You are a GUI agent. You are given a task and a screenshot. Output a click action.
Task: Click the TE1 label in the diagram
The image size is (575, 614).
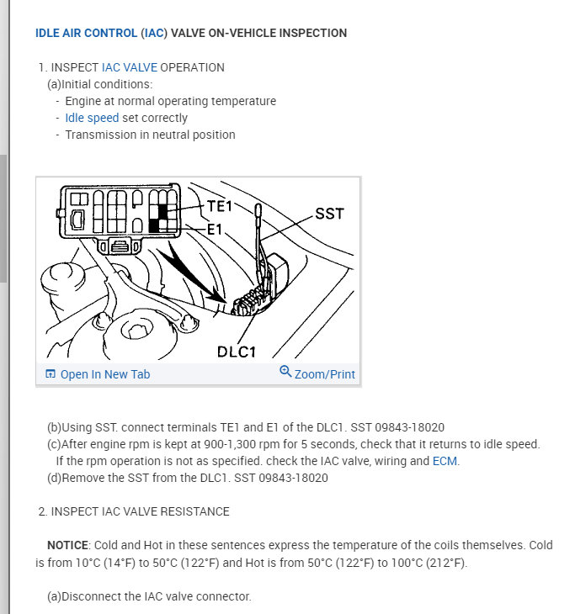[220, 206]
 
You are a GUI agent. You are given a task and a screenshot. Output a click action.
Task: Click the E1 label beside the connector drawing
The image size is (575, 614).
[215, 230]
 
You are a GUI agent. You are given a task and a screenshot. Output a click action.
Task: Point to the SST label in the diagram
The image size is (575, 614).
[330, 214]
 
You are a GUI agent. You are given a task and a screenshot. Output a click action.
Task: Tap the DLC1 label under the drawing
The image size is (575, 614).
[237, 352]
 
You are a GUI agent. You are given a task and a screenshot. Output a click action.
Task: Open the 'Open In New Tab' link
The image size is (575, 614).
[105, 374]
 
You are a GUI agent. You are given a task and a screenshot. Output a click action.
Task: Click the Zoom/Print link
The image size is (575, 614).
[324, 374]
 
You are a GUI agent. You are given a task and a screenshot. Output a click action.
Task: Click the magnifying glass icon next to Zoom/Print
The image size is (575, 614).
[285, 371]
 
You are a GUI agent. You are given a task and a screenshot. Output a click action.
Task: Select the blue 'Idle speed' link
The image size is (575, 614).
[92, 118]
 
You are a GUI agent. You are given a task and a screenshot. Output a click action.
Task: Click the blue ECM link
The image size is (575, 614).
[445, 461]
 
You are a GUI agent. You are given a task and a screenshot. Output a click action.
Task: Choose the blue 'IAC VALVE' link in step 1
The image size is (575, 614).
[130, 67]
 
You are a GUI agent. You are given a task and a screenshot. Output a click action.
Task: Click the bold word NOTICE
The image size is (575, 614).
[67, 545]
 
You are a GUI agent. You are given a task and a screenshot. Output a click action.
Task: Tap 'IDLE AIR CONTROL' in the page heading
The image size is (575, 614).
[86, 33]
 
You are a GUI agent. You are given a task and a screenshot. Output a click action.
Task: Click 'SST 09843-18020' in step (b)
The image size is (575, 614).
[397, 427]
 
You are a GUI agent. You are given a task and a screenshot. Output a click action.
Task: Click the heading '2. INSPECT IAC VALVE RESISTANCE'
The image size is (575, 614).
[134, 511]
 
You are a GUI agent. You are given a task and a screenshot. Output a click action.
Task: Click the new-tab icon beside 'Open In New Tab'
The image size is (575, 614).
[51, 373]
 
